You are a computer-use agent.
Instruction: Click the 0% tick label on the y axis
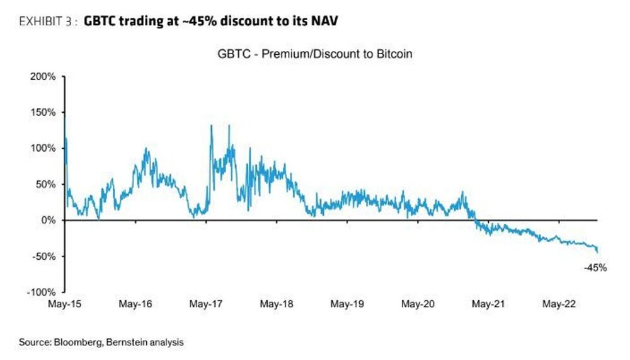pyautogui.click(x=49, y=220)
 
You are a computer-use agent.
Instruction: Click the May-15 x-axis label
pyautogui.click(x=65, y=304)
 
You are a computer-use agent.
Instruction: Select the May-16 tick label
pyautogui.click(x=136, y=304)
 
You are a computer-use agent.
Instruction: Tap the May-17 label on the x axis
pyautogui.click(x=207, y=304)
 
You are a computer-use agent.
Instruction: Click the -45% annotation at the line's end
pyautogui.click(x=595, y=268)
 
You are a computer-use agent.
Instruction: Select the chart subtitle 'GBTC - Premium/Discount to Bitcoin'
pyautogui.click(x=315, y=54)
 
